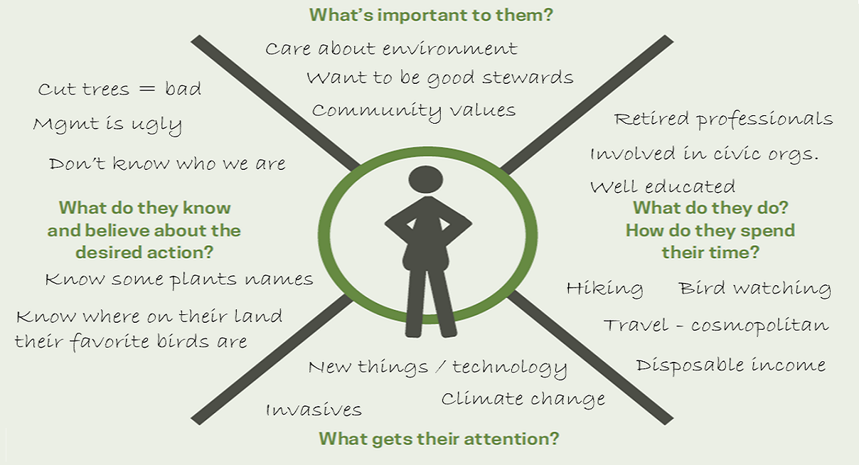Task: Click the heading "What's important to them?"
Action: (x=431, y=15)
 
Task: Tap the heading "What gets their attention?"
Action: (x=439, y=439)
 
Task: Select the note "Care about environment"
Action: (x=392, y=48)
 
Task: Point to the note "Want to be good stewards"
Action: (x=440, y=77)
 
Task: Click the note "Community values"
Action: (x=414, y=112)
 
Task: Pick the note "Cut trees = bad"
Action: (x=119, y=89)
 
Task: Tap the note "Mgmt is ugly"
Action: (x=107, y=125)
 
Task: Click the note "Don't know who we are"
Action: (x=167, y=164)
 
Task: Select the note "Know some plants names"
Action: (x=179, y=279)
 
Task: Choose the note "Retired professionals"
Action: (x=724, y=119)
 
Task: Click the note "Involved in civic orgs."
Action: (x=705, y=154)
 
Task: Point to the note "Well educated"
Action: (x=663, y=187)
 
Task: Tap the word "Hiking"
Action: (x=604, y=289)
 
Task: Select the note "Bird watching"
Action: (x=754, y=289)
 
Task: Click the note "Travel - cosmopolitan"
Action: (x=716, y=326)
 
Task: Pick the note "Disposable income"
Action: (x=731, y=365)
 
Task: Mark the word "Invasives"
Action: (x=314, y=410)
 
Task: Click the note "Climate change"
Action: (x=523, y=400)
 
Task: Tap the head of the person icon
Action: (x=426, y=179)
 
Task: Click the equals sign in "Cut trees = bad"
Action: (x=147, y=89)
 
